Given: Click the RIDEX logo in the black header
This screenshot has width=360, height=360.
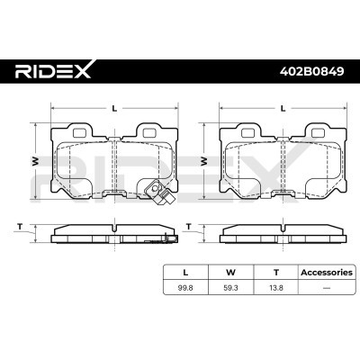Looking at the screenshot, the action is pos(53,70).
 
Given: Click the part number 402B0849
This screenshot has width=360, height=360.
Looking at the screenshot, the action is pos(311,71).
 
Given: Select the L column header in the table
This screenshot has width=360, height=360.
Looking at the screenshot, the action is pos(185,273).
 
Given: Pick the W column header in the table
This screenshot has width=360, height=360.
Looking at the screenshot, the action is pos(230,273).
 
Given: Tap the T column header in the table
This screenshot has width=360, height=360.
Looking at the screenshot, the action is pos(276,273).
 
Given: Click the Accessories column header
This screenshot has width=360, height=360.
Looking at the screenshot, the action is pos(327,273).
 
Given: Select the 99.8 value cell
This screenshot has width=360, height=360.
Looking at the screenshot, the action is pos(185,288).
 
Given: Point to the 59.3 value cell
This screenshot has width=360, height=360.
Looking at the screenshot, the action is pos(230,288).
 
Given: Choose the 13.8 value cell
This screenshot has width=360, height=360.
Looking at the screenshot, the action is pos(276,288).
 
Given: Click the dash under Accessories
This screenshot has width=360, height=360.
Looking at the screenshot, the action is pos(326,288).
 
